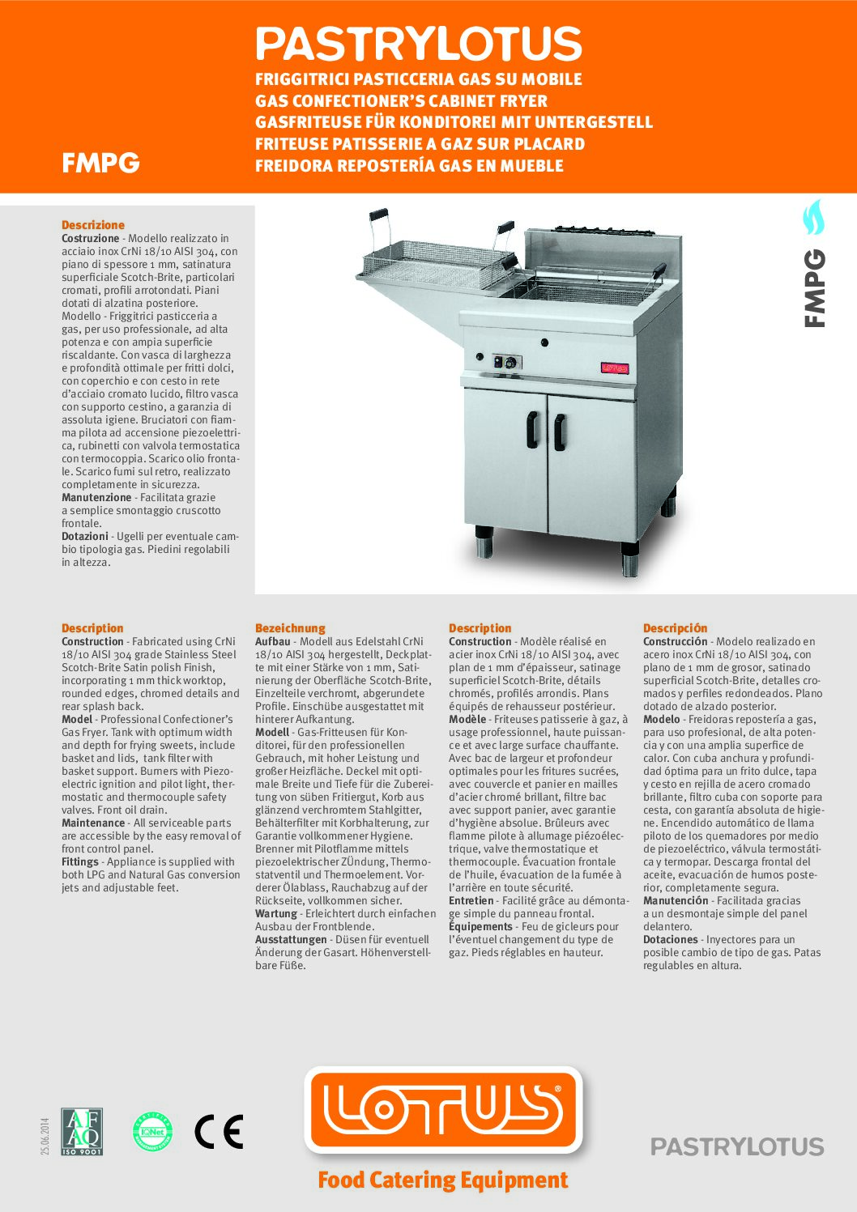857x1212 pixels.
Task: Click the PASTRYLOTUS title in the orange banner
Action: click(x=419, y=44)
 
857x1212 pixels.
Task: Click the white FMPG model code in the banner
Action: click(x=100, y=163)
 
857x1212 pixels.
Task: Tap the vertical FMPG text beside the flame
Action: click(x=814, y=288)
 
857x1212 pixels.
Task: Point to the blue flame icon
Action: click(x=812, y=216)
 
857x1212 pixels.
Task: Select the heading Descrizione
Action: click(x=93, y=225)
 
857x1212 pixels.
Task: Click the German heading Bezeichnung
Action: click(x=290, y=628)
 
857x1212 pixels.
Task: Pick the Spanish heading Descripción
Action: click(x=675, y=628)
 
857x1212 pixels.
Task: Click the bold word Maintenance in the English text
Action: click(x=93, y=823)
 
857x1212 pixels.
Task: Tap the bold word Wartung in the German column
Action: click(x=275, y=913)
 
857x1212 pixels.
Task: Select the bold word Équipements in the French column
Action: click(x=480, y=926)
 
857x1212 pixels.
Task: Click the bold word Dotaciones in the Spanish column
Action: click(x=670, y=939)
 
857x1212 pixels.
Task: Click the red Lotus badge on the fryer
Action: click(x=614, y=368)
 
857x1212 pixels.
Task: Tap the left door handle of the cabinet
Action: click(x=532, y=429)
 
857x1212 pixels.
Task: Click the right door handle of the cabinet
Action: click(x=559, y=432)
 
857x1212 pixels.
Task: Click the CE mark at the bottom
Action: click(x=219, y=1131)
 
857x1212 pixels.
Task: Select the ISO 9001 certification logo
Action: click(x=82, y=1131)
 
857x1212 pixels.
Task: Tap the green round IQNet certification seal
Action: click(x=152, y=1132)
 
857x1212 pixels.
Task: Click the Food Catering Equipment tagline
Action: click(x=442, y=1180)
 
